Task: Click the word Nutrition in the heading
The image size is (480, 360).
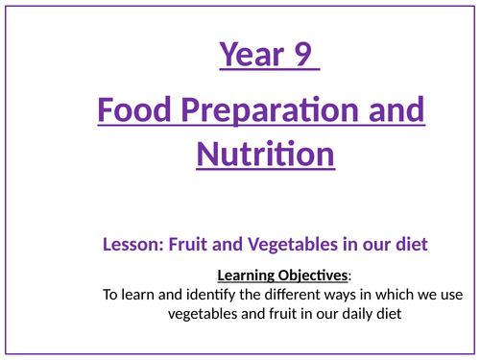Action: coord(266,153)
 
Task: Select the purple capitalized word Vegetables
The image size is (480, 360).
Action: coord(280,245)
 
